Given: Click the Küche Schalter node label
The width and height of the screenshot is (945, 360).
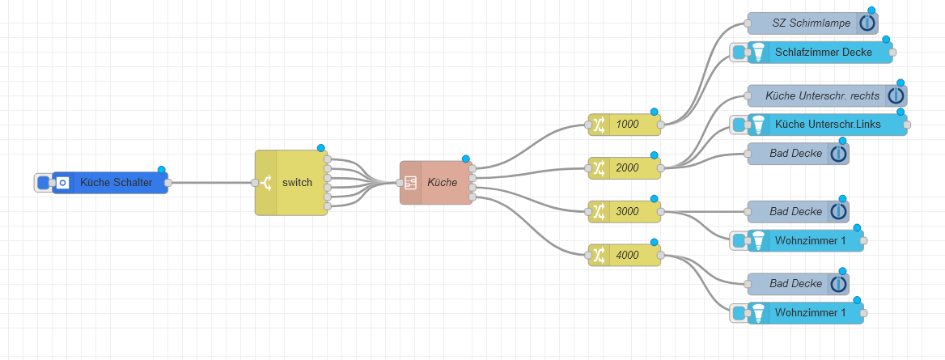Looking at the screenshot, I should pos(116,183).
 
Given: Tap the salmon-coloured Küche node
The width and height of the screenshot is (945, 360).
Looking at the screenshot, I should pos(442,183).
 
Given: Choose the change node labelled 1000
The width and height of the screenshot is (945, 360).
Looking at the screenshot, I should pos(627,125).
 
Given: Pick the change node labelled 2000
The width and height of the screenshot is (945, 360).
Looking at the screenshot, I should pos(627,168).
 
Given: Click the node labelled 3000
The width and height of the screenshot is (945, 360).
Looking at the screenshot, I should pos(627,212).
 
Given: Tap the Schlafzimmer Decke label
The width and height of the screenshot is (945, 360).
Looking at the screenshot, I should pos(823,53).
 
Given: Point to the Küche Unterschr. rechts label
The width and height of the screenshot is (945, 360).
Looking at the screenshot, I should pos(821,95).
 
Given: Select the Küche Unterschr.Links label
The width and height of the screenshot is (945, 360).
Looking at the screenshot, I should pos(826,125).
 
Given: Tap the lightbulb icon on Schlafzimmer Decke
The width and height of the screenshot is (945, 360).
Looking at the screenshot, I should pos(758,53).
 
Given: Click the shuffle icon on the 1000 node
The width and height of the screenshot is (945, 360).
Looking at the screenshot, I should pos(599,125).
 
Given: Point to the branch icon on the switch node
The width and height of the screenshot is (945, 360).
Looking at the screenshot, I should pos(266,183).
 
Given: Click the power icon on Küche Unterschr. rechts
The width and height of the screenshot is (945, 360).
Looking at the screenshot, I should pos(896,95).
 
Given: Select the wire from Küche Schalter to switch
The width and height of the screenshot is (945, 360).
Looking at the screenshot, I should pos(210,183).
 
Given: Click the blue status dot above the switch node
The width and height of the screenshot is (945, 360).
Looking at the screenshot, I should pos(321,148).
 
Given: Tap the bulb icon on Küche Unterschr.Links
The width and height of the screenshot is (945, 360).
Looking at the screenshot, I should pos(758,125).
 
